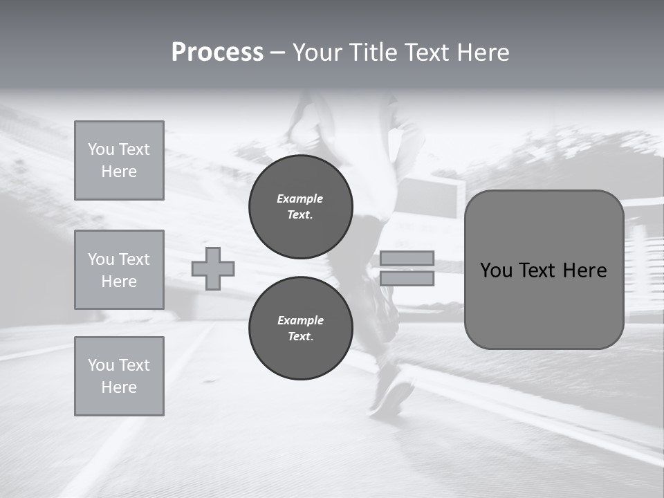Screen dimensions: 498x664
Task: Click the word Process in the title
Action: click(217, 53)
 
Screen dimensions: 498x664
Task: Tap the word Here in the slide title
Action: click(482, 53)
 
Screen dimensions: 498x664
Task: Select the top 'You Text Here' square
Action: click(119, 160)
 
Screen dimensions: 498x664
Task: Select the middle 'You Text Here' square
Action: click(119, 270)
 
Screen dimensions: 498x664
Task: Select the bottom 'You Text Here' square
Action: click(119, 376)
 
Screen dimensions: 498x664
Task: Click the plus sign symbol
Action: click(213, 268)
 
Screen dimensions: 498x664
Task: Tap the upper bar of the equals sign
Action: click(407, 258)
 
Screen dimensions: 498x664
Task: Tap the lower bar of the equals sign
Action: click(407, 279)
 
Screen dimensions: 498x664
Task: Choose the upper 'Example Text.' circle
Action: click(300, 206)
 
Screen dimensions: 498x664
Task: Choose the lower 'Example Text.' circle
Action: click(300, 328)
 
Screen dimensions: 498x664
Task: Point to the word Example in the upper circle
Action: click(300, 199)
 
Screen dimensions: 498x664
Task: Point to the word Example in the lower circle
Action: click(300, 320)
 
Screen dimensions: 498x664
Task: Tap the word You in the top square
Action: click(101, 149)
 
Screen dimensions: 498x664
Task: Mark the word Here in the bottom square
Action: click(119, 387)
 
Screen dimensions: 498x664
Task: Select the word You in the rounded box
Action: click(496, 270)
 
